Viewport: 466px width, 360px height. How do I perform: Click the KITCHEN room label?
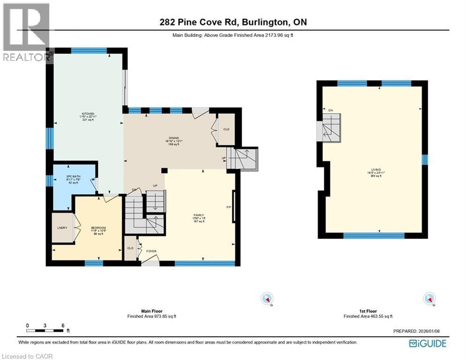(x=89, y=114)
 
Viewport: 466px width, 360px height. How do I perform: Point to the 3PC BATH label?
(x=74, y=177)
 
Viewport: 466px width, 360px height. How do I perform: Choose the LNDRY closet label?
(x=62, y=228)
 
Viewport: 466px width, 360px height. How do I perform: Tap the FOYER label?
(x=151, y=251)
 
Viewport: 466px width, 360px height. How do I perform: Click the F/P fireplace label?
(x=229, y=207)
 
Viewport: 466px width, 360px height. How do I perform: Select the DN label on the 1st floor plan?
(x=330, y=110)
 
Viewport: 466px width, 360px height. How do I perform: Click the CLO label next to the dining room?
(x=226, y=129)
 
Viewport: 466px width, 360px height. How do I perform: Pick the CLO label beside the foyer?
(x=130, y=248)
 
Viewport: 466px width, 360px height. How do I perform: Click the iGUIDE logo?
(x=427, y=344)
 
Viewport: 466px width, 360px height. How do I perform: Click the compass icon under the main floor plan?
(x=267, y=299)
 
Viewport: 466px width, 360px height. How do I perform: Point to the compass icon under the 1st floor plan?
(x=429, y=299)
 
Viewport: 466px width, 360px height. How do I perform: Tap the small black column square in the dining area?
(x=164, y=171)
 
